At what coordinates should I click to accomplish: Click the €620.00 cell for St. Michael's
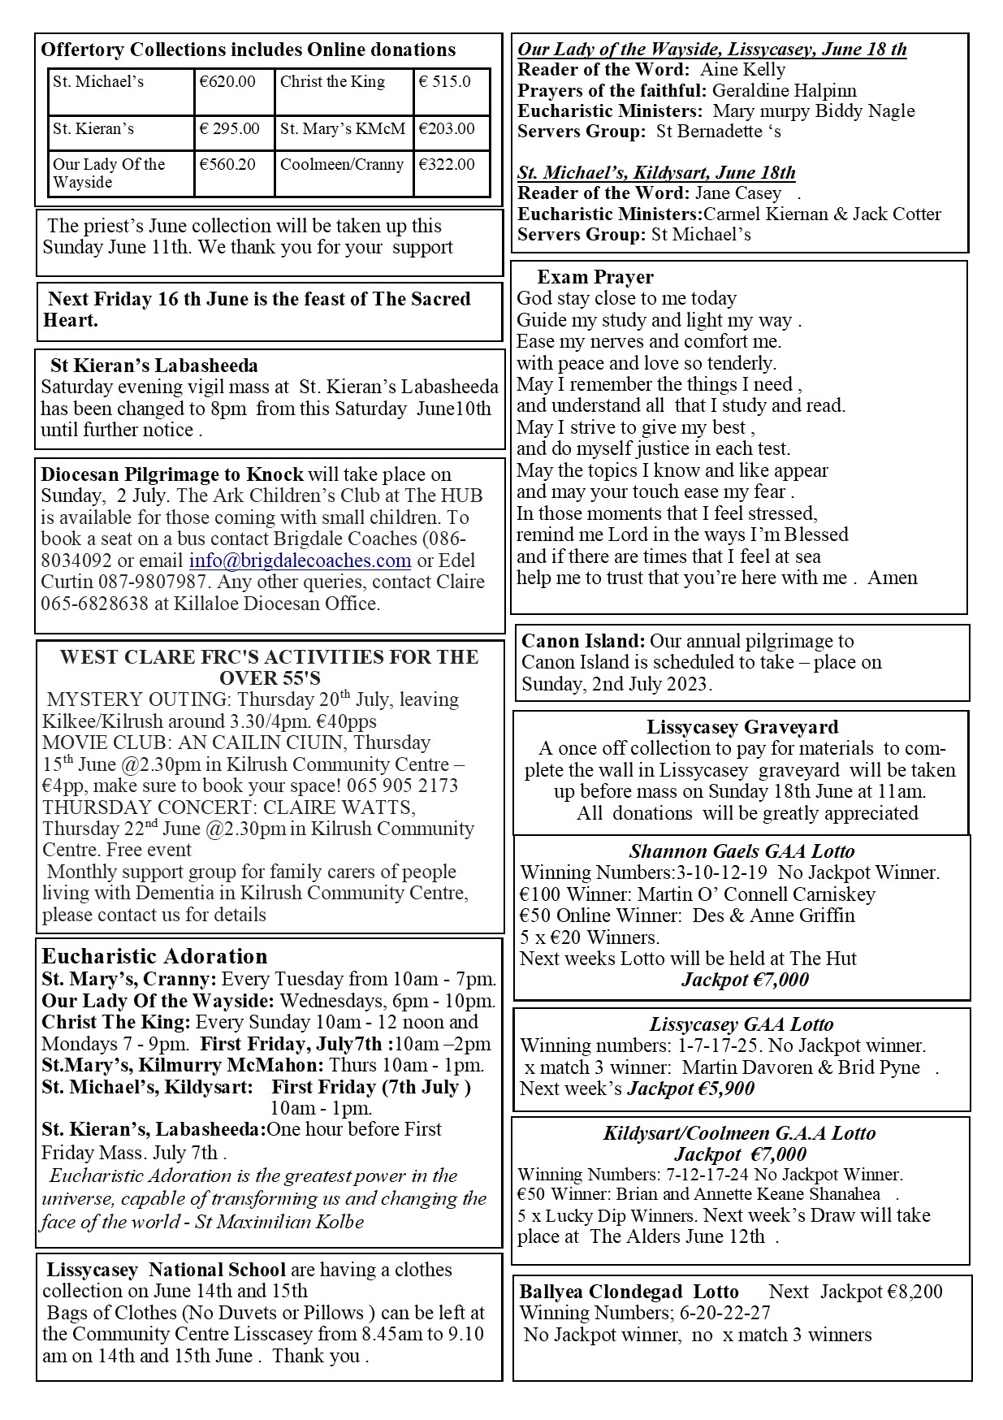(x=228, y=82)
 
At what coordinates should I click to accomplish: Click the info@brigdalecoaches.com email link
(x=300, y=561)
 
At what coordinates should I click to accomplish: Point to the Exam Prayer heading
(x=594, y=278)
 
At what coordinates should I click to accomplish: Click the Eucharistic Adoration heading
(x=154, y=956)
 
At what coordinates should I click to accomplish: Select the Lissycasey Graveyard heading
(x=742, y=727)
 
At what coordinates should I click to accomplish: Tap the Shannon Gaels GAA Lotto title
(x=741, y=851)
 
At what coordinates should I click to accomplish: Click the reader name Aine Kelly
(x=742, y=70)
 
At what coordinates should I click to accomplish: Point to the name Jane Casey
(x=737, y=193)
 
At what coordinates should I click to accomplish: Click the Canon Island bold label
(x=583, y=641)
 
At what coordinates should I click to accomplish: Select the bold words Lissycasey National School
(x=166, y=1270)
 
